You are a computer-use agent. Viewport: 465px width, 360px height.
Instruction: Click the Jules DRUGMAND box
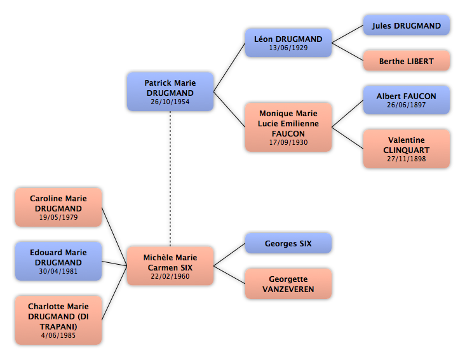pyautogui.click(x=407, y=25)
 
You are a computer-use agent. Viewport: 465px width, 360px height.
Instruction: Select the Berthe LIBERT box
pyautogui.click(x=407, y=61)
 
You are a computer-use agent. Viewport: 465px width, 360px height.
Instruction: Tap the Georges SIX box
pyautogui.click(x=288, y=244)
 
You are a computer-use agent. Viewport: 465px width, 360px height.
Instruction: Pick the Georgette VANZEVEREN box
pyautogui.click(x=288, y=284)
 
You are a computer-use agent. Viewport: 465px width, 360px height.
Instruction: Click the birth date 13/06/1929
pyautogui.click(x=288, y=48)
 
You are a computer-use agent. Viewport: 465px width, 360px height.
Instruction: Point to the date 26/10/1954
pyautogui.click(x=170, y=102)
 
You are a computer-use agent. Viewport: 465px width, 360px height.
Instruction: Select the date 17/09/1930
pyautogui.click(x=288, y=142)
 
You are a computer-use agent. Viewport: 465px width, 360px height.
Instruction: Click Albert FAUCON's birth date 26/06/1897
pyautogui.click(x=407, y=105)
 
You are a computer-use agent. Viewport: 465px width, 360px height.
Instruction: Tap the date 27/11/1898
pyautogui.click(x=407, y=159)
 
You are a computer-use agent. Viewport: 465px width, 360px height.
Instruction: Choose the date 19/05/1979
pyautogui.click(x=58, y=217)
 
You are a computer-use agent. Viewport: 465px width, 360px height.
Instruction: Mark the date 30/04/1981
pyautogui.click(x=58, y=271)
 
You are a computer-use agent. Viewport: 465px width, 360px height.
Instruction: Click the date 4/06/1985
pyautogui.click(x=58, y=335)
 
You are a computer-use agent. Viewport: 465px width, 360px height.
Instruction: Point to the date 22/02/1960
pyautogui.click(x=170, y=276)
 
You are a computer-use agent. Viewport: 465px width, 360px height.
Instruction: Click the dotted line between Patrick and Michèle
pyautogui.click(x=170, y=178)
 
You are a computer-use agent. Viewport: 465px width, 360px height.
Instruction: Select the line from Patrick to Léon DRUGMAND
pyautogui.click(x=229, y=67)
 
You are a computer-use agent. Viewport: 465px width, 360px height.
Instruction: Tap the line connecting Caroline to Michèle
pyautogui.click(x=114, y=236)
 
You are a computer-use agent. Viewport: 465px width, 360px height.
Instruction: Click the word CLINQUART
pyautogui.click(x=407, y=150)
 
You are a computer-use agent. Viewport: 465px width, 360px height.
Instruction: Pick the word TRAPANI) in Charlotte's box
pyautogui.click(x=58, y=326)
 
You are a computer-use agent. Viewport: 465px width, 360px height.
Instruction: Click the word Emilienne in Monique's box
pyautogui.click(x=300, y=124)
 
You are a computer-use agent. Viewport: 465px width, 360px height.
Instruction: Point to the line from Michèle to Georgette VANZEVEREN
pyautogui.click(x=229, y=275)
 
